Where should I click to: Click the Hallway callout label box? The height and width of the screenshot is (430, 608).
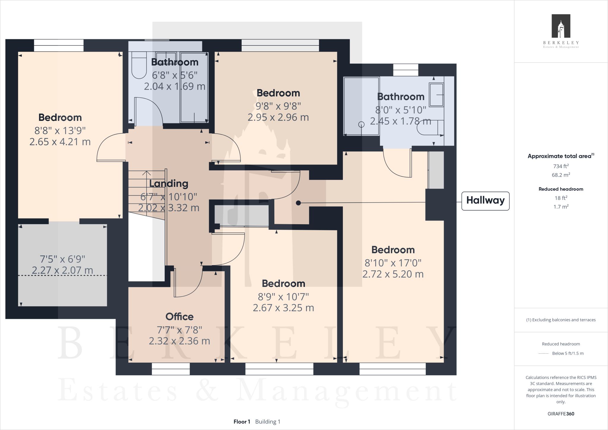tap(485, 201)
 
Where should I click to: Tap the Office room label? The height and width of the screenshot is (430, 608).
tap(179, 317)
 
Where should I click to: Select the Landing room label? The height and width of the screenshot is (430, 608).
tap(169, 184)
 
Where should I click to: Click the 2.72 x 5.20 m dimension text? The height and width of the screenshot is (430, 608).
tap(393, 274)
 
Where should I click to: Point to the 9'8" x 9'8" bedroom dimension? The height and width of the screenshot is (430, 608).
tap(278, 106)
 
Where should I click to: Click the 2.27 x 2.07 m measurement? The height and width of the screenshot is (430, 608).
tap(62, 270)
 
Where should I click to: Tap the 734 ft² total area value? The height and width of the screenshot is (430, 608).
tap(560, 166)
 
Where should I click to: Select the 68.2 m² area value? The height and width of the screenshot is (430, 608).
tap(560, 175)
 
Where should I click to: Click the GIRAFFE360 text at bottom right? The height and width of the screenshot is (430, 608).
tap(560, 414)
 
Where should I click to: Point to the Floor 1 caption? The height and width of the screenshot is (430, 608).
tap(242, 422)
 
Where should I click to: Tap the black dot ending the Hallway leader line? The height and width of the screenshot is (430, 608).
tap(298, 203)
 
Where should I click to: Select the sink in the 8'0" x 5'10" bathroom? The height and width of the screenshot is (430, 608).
tap(436, 95)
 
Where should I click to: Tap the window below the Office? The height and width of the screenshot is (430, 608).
tap(171, 369)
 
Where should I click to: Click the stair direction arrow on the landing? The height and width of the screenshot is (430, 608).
tap(146, 174)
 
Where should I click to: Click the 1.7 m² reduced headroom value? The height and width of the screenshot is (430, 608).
tap(560, 207)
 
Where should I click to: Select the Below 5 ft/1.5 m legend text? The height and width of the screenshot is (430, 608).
tap(567, 353)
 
